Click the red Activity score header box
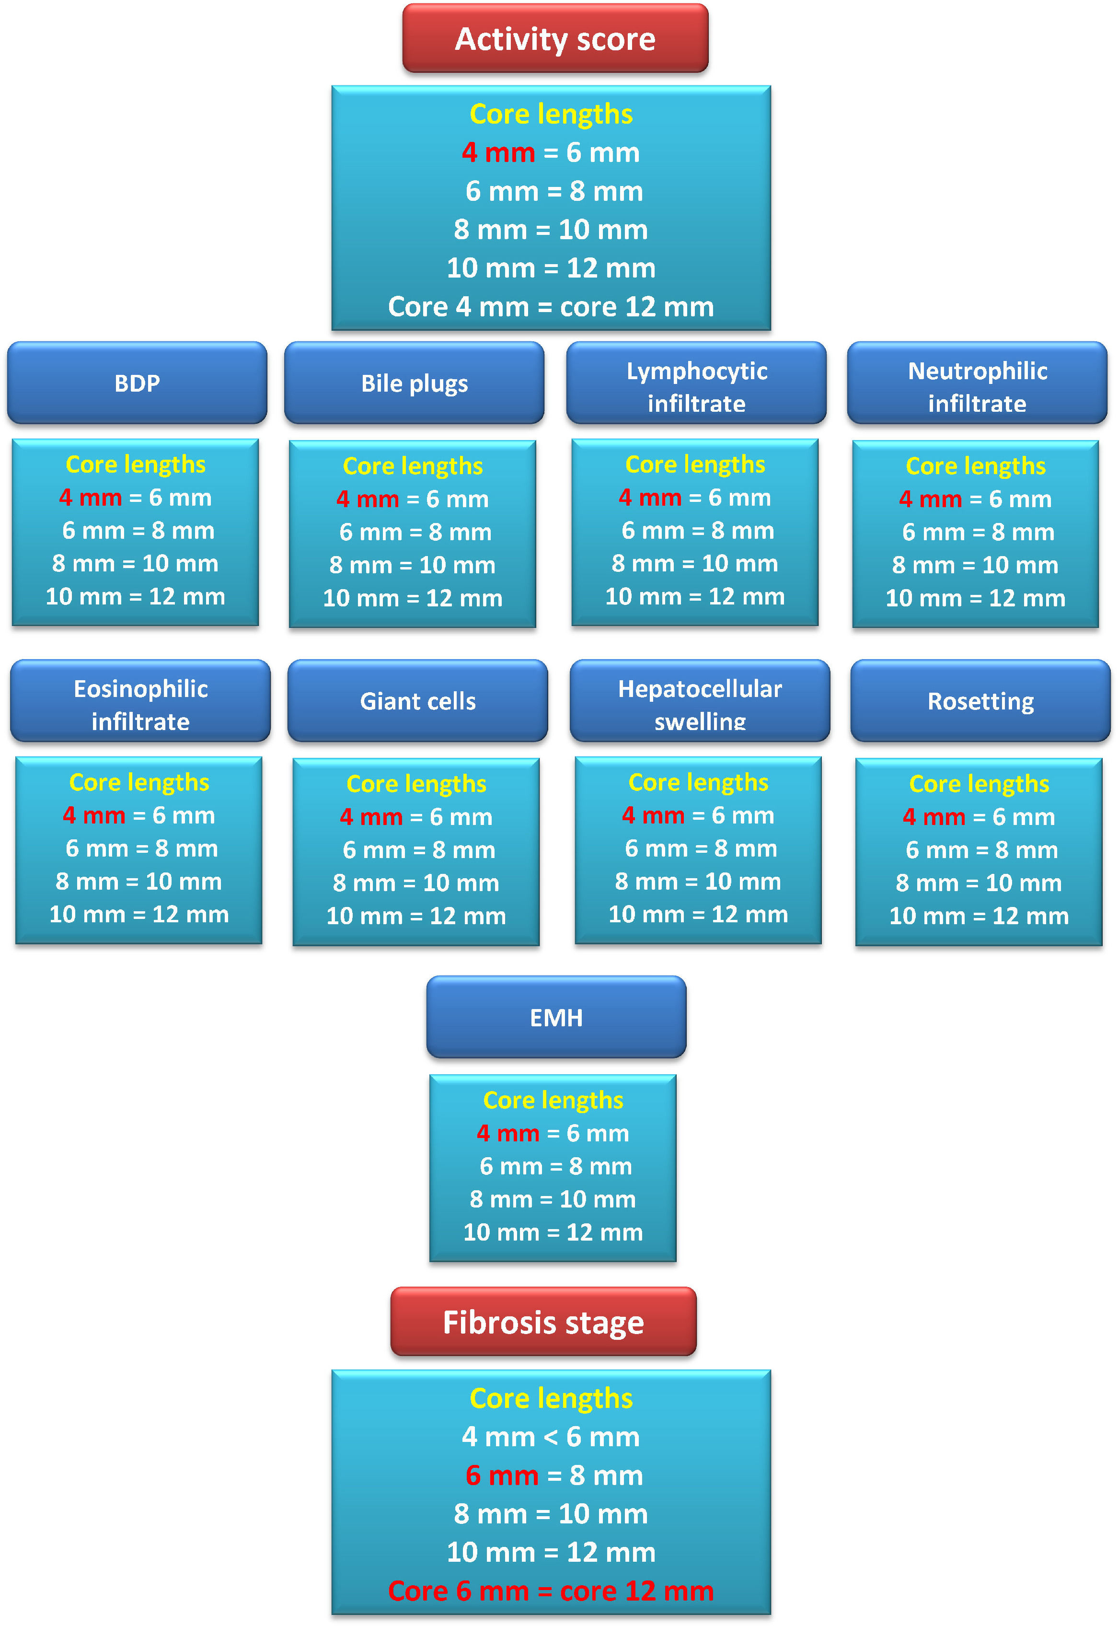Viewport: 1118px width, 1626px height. point(555,38)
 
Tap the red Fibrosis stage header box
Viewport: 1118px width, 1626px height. point(543,1323)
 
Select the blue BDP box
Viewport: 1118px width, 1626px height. point(138,383)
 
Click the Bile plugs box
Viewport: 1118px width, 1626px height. point(414,383)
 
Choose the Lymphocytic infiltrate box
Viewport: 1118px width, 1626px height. point(696,383)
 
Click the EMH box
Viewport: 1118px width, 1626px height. point(556,1017)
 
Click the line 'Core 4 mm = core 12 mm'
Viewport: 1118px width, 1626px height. point(551,307)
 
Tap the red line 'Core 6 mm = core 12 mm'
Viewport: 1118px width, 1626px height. point(551,1591)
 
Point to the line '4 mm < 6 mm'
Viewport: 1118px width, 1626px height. point(551,1437)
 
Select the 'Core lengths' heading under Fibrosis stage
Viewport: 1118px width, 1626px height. point(551,1398)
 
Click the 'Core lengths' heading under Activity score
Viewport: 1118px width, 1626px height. point(551,114)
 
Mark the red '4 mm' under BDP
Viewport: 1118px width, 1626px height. point(91,498)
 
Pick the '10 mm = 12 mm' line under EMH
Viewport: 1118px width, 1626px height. point(553,1232)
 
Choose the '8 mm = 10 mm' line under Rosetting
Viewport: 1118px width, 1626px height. point(979,883)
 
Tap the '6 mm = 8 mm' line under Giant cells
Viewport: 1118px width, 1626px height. point(419,850)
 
